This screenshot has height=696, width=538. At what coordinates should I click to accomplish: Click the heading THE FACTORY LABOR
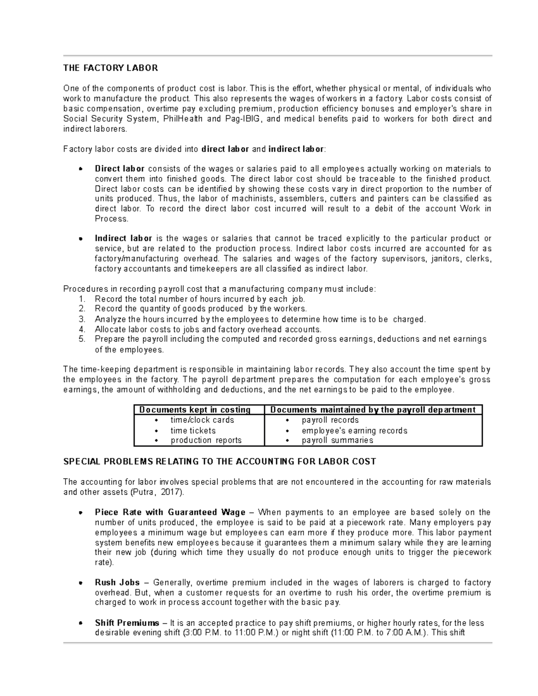(x=110, y=68)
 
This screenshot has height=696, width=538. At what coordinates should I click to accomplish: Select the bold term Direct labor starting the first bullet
(x=120, y=169)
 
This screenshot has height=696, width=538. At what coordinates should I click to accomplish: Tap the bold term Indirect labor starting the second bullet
(x=123, y=238)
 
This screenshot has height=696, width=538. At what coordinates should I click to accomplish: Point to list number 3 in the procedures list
(x=82, y=320)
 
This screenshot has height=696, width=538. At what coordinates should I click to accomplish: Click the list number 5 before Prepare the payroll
(x=82, y=339)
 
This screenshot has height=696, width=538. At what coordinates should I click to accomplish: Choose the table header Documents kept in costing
(x=195, y=410)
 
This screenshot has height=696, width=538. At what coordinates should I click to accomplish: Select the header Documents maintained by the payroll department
(x=373, y=410)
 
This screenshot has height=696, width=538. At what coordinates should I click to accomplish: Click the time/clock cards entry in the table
(x=202, y=420)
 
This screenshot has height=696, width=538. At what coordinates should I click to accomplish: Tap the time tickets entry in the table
(x=193, y=431)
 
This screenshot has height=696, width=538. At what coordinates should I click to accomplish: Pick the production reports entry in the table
(x=206, y=441)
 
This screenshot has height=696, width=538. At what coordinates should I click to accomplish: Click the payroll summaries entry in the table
(x=337, y=441)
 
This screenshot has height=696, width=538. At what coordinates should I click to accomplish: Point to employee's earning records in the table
(x=354, y=431)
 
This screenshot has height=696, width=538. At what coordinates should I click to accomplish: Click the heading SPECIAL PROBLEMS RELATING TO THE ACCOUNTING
(x=220, y=462)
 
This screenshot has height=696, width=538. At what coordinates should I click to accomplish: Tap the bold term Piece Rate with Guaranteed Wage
(x=170, y=512)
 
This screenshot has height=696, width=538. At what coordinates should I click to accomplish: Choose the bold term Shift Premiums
(x=127, y=623)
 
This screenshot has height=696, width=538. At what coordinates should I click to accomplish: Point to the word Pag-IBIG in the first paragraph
(x=243, y=119)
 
